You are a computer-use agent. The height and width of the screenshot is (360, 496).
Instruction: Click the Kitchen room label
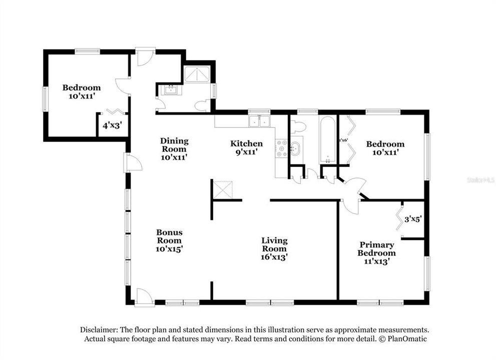tap(246, 147)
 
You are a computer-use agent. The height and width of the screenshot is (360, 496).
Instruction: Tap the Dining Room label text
tap(174, 148)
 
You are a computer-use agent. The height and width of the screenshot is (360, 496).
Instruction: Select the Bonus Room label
tap(169, 240)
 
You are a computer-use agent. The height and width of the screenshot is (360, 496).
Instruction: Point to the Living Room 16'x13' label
tap(274, 248)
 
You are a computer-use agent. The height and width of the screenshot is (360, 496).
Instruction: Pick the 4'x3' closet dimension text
tap(112, 125)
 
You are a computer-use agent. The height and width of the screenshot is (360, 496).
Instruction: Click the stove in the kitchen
tap(281, 148)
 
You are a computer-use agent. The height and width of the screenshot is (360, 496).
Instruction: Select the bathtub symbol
tap(328, 140)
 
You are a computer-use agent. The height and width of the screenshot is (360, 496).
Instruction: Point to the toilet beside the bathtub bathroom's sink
tap(297, 127)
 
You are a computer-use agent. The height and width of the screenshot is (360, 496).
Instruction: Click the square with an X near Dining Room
tap(221, 189)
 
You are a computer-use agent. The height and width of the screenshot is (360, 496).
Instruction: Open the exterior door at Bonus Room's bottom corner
tap(142, 295)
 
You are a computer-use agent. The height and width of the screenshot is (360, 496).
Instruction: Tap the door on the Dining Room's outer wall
tap(133, 162)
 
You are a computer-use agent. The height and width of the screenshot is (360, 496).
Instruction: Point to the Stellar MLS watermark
tap(479, 179)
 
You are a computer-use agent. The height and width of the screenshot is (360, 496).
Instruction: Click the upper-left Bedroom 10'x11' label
tap(81, 91)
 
